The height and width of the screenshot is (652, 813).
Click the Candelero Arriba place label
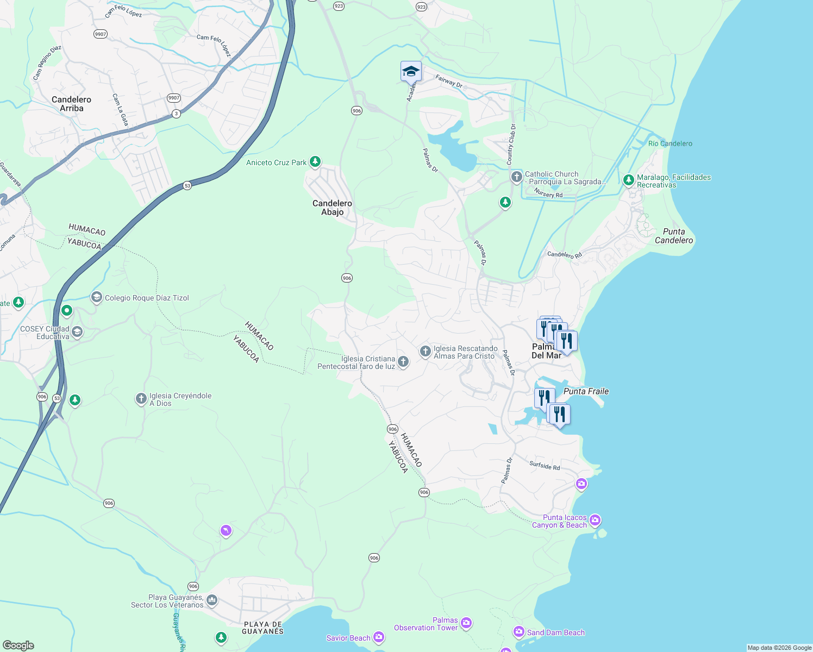click(71, 104)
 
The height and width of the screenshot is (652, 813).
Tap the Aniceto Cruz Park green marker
click(315, 162)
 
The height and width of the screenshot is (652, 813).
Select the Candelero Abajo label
click(332, 208)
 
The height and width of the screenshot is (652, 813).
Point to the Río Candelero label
click(670, 143)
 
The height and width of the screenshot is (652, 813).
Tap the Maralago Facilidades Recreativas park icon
click(629, 180)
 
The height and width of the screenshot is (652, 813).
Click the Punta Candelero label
click(674, 236)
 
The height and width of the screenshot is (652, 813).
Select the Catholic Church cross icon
click(516, 177)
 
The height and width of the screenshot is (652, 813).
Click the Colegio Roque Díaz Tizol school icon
click(97, 297)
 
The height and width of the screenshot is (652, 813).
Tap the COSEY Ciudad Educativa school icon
click(77, 332)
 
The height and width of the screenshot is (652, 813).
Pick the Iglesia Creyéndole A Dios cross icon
click(141, 399)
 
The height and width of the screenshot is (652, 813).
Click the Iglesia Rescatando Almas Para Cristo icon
click(426, 352)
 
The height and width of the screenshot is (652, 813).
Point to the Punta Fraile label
click(586, 391)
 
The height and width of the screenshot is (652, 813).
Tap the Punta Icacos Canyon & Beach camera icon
click(595, 521)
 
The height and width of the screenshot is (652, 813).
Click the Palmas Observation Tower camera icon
click(466, 623)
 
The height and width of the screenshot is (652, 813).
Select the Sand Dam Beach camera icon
click(518, 632)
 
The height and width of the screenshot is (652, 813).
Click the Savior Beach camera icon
click(379, 637)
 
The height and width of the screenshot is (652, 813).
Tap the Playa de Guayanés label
click(262, 628)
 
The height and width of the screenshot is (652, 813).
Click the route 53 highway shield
click(187, 185)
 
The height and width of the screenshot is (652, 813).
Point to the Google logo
click(18, 645)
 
